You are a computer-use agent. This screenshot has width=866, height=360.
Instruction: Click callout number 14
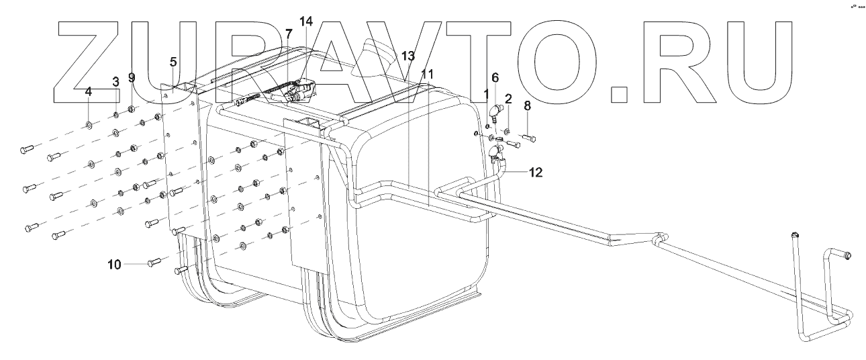306,21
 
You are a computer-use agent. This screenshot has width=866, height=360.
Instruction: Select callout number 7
288,34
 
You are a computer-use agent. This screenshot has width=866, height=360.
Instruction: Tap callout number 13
409,56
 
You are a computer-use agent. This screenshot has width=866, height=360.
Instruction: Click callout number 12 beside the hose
534,172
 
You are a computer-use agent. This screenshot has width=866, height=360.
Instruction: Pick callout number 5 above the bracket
173,62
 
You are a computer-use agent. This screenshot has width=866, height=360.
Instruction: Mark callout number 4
88,91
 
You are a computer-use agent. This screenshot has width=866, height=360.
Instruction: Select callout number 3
115,81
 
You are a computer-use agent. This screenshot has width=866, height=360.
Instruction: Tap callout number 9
132,77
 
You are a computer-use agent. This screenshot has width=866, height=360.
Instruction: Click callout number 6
495,77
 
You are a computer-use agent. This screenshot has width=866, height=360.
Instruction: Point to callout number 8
527,105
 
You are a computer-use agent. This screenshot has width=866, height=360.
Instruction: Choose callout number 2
508,99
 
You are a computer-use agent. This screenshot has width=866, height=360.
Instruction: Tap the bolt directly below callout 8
527,138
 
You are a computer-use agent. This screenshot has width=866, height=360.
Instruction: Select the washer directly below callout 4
89,124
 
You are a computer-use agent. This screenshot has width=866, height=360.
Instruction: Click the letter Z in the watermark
94,60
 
